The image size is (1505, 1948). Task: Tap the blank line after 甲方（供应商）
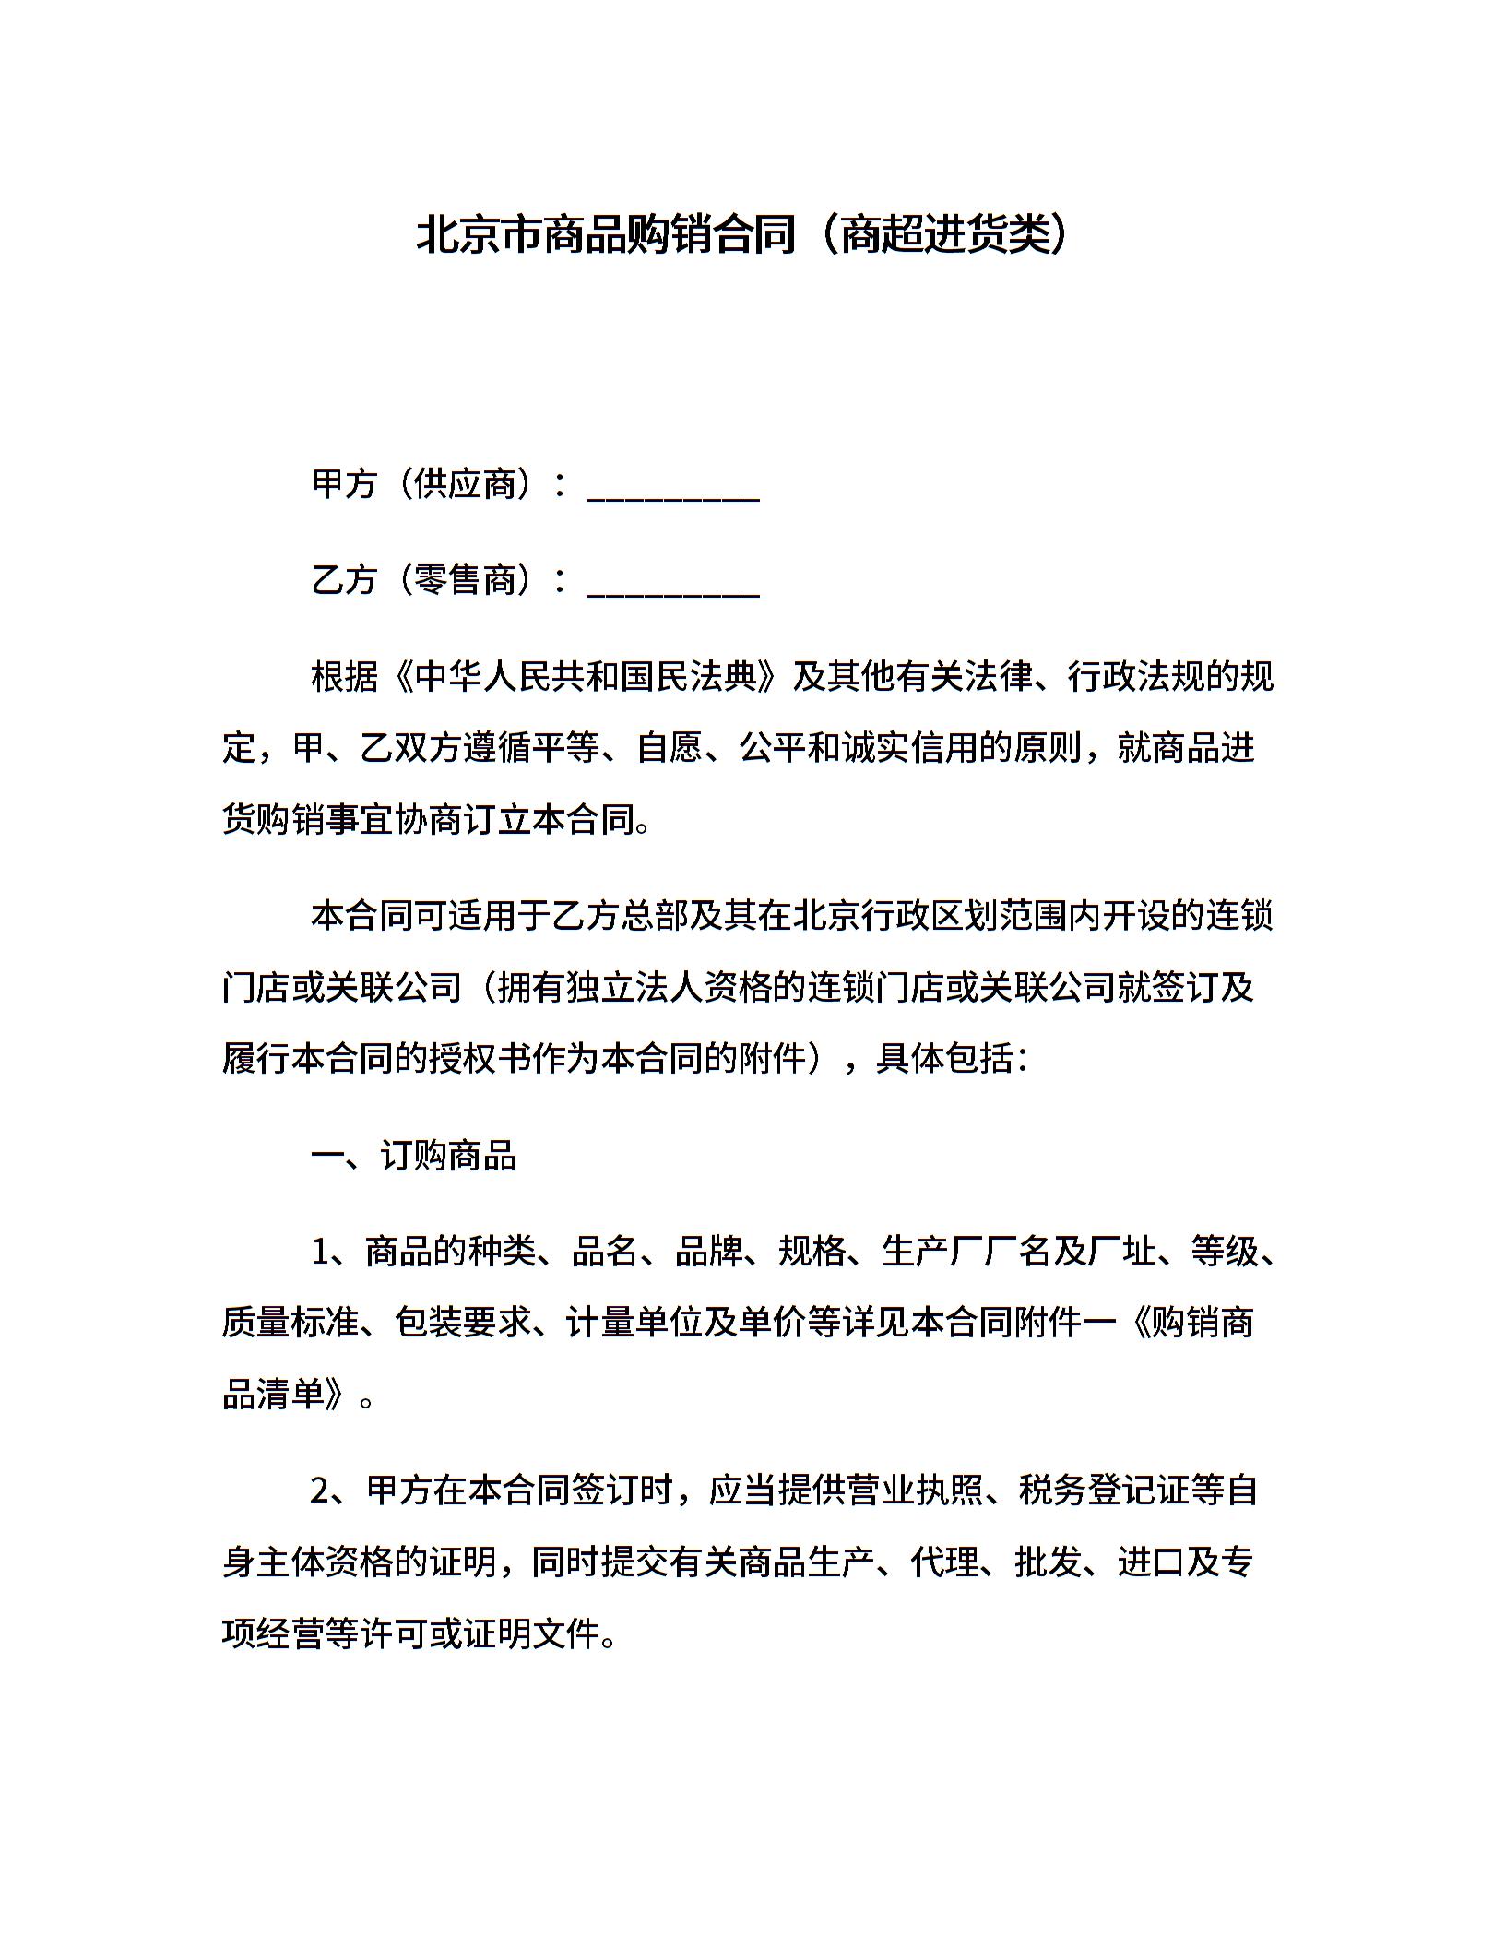(x=672, y=486)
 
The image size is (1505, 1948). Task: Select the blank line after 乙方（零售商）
(x=672, y=582)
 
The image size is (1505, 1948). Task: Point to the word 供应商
(x=465, y=484)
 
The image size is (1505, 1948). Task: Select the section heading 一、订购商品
(x=413, y=1157)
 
